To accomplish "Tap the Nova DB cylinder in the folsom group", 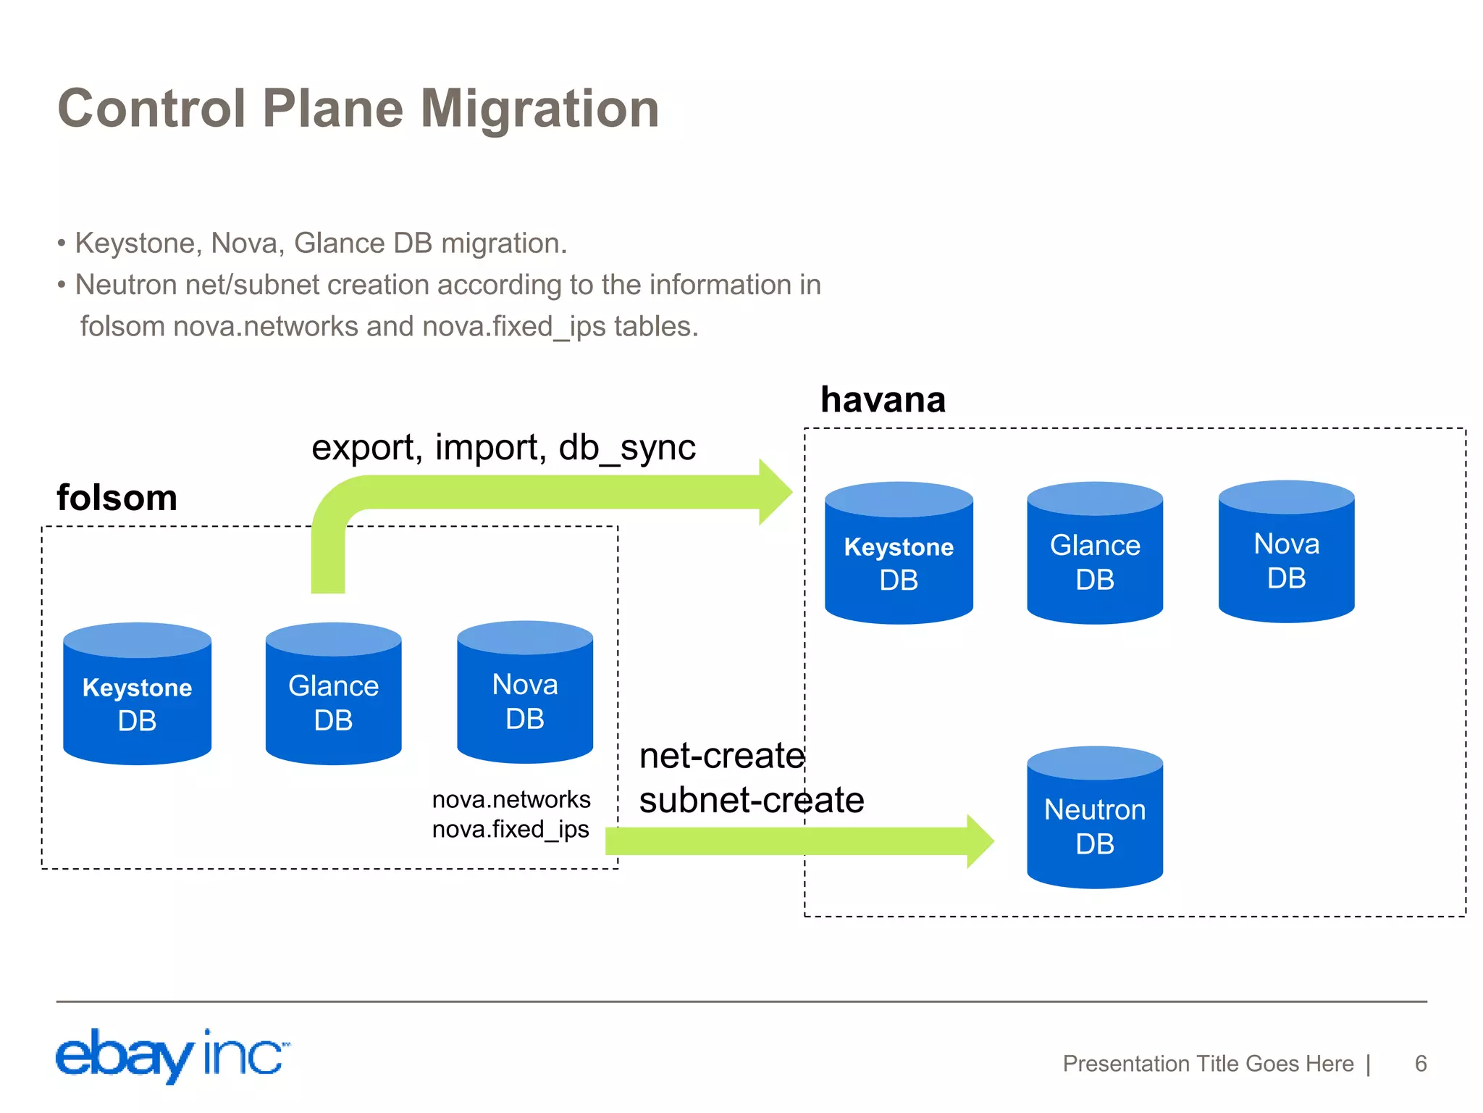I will tap(525, 693).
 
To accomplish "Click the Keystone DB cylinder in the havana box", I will tap(899, 554).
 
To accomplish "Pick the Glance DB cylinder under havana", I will tap(1095, 554).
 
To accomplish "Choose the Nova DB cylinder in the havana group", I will tap(1286, 552).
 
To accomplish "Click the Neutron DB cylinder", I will tap(1095, 818).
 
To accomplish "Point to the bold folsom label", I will tap(117, 498).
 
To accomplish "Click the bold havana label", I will tap(883, 400).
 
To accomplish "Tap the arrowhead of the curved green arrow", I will tap(776, 492).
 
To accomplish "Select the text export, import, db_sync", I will tap(503, 447).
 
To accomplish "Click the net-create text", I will tap(721, 756).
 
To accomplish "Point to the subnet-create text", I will tap(751, 800).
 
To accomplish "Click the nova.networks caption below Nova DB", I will tap(511, 799).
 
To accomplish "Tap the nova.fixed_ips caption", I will tap(511, 829).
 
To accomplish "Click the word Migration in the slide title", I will tap(539, 109).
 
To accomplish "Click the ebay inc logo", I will tap(172, 1056).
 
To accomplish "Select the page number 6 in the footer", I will tap(1420, 1064).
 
